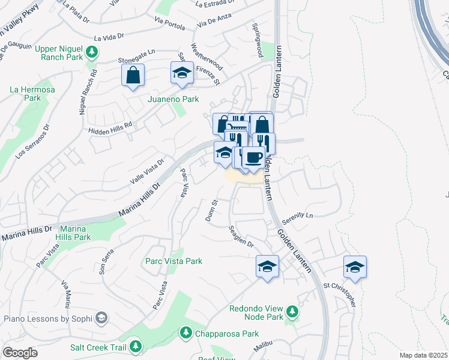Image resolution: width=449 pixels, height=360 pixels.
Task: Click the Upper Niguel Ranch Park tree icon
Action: click(x=92, y=52)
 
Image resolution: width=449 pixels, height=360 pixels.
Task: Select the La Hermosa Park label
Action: click(x=32, y=94)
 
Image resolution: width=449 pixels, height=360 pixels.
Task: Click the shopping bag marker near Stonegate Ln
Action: click(x=133, y=76)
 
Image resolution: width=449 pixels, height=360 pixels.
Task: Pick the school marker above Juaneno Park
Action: click(x=182, y=73)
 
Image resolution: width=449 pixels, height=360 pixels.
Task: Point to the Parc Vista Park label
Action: click(x=174, y=261)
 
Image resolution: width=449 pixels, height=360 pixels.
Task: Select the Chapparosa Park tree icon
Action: click(x=186, y=332)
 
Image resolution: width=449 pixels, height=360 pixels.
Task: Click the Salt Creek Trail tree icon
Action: click(x=136, y=346)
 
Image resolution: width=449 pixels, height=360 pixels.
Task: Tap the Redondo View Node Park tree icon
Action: click(x=292, y=311)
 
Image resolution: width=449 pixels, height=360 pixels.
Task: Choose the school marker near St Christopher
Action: click(x=355, y=267)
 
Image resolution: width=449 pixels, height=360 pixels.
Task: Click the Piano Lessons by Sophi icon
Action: click(x=101, y=317)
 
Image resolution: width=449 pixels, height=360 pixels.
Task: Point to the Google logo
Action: click(x=20, y=353)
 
